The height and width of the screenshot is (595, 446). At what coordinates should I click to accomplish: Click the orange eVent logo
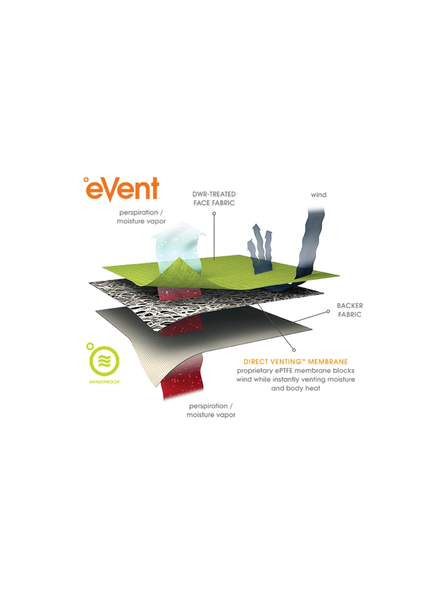(121, 188)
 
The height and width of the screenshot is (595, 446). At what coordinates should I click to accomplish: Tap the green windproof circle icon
(103, 360)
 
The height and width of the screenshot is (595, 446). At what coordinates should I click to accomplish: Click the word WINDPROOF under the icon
(104, 382)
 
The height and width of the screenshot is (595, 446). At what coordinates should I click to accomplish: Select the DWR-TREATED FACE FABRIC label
(214, 199)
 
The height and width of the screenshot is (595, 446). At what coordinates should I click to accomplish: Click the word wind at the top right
(319, 195)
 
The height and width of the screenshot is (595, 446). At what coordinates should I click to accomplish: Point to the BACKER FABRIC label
(350, 310)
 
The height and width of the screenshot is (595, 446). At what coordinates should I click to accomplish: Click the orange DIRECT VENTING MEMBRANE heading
(296, 362)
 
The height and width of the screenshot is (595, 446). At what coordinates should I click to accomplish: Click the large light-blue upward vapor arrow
(178, 249)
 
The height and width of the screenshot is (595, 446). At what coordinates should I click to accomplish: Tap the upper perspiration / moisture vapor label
(141, 217)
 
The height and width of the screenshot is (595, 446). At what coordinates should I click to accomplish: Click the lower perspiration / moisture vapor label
(211, 411)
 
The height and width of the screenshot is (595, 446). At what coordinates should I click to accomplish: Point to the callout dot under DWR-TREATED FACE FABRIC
(214, 214)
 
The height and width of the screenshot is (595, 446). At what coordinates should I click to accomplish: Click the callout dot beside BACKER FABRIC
(328, 312)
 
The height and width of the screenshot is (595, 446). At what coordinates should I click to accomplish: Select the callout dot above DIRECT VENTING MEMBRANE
(294, 350)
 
